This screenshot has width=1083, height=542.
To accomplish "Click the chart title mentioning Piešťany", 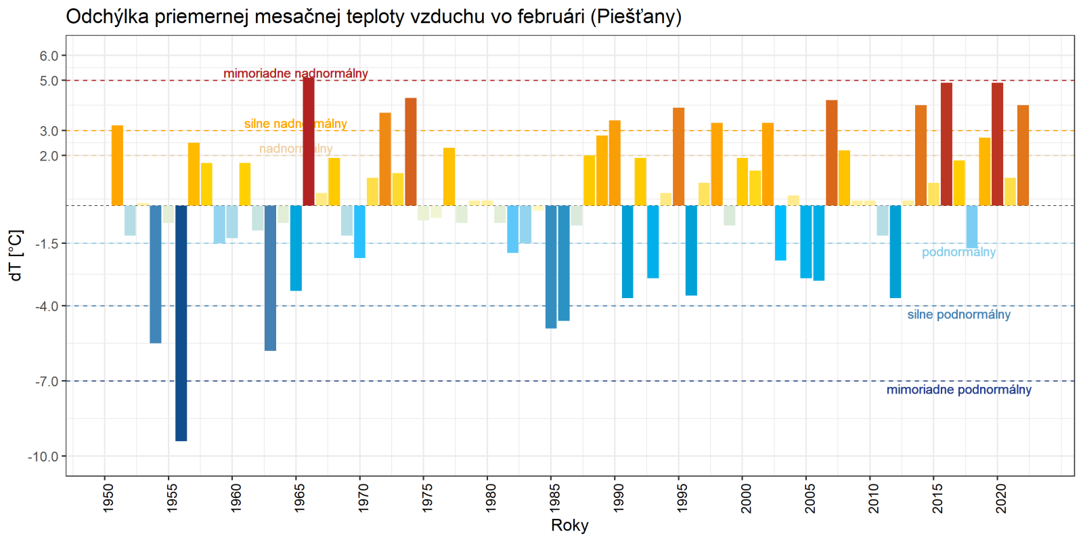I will pos(373,16).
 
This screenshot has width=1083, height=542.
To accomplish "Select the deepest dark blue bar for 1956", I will pos(181,322).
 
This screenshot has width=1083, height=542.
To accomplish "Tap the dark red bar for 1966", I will pos(309,141).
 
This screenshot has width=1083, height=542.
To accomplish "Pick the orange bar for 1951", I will pos(117,165).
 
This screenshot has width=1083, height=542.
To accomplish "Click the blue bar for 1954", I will pos(156,274).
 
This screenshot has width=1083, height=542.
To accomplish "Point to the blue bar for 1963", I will pos(270,278).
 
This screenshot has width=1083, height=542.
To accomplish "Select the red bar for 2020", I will pos(997,144).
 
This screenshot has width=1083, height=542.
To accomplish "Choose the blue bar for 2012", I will pos(896,251).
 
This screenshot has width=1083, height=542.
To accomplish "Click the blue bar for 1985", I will pos(551,266).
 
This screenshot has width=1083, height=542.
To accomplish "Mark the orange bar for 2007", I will pos(832,152).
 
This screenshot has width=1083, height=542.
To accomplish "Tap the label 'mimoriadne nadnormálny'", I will pos(296,73).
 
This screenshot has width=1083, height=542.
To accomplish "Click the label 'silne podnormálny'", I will pos(958,314).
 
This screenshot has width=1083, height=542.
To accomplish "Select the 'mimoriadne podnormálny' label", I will pos(958,390).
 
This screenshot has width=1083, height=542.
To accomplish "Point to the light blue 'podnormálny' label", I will pos(958,252).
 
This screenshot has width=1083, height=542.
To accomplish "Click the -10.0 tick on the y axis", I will pos(43,457).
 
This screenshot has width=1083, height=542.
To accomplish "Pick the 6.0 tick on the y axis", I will pos(49,56).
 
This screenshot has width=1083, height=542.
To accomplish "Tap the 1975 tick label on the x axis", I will pos(427,497).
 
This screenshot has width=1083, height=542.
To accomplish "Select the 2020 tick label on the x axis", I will pos(1001,497).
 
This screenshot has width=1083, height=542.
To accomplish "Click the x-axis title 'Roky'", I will pos(569,525).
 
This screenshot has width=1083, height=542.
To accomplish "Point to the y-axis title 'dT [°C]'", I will pos(16,255).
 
